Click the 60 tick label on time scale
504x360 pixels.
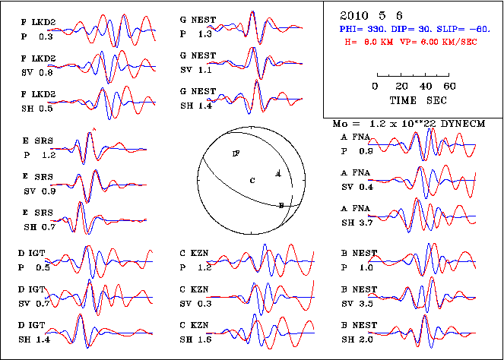coord(449,86)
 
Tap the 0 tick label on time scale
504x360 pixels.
coord(376,86)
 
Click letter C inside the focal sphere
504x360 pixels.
coord(252,179)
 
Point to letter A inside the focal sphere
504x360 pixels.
coord(277,174)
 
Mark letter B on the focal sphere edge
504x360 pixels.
coord(281,205)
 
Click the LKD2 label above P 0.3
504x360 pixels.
coord(40,23)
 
